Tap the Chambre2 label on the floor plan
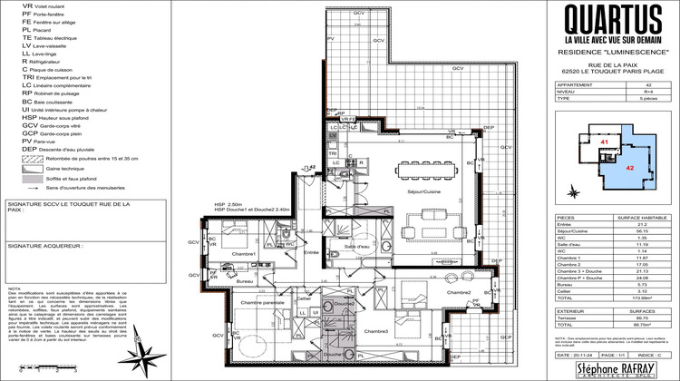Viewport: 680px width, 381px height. pos(460,292)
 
